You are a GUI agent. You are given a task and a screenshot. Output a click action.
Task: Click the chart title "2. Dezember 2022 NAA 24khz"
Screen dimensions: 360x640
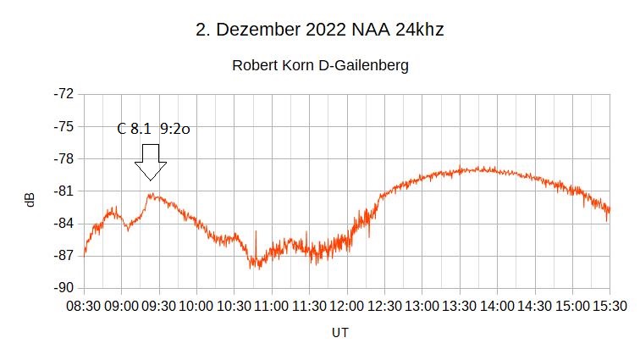click(320, 30)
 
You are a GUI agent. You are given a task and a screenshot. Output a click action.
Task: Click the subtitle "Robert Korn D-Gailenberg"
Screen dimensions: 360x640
click(320, 65)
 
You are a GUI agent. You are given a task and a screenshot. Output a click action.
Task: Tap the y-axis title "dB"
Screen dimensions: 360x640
click(30, 200)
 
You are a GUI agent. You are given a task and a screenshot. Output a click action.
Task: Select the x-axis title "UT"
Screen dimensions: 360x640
click(339, 333)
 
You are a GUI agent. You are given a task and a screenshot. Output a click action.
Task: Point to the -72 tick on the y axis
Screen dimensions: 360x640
click(63, 94)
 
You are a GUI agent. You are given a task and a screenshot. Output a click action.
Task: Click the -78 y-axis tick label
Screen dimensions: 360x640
click(63, 158)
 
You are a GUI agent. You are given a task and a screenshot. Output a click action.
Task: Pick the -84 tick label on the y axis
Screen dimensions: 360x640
click(63, 224)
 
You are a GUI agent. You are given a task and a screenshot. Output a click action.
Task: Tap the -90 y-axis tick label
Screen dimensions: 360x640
click(63, 288)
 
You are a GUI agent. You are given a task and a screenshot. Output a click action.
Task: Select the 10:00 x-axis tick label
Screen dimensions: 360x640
click(196, 305)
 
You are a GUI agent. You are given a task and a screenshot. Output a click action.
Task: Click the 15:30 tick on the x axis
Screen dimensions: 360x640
click(610, 305)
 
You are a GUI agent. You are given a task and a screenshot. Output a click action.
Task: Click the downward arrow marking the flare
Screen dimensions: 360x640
click(151, 162)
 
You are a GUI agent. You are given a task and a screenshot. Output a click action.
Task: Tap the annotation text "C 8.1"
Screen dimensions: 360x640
click(135, 130)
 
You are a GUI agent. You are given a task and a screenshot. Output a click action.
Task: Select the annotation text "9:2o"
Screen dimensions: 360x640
click(175, 130)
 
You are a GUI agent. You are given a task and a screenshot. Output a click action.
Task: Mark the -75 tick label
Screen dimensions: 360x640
click(63, 126)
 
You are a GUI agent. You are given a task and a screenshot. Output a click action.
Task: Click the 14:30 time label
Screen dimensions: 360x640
click(535, 305)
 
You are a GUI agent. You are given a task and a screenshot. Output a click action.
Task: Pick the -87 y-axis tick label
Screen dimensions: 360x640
click(63, 256)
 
